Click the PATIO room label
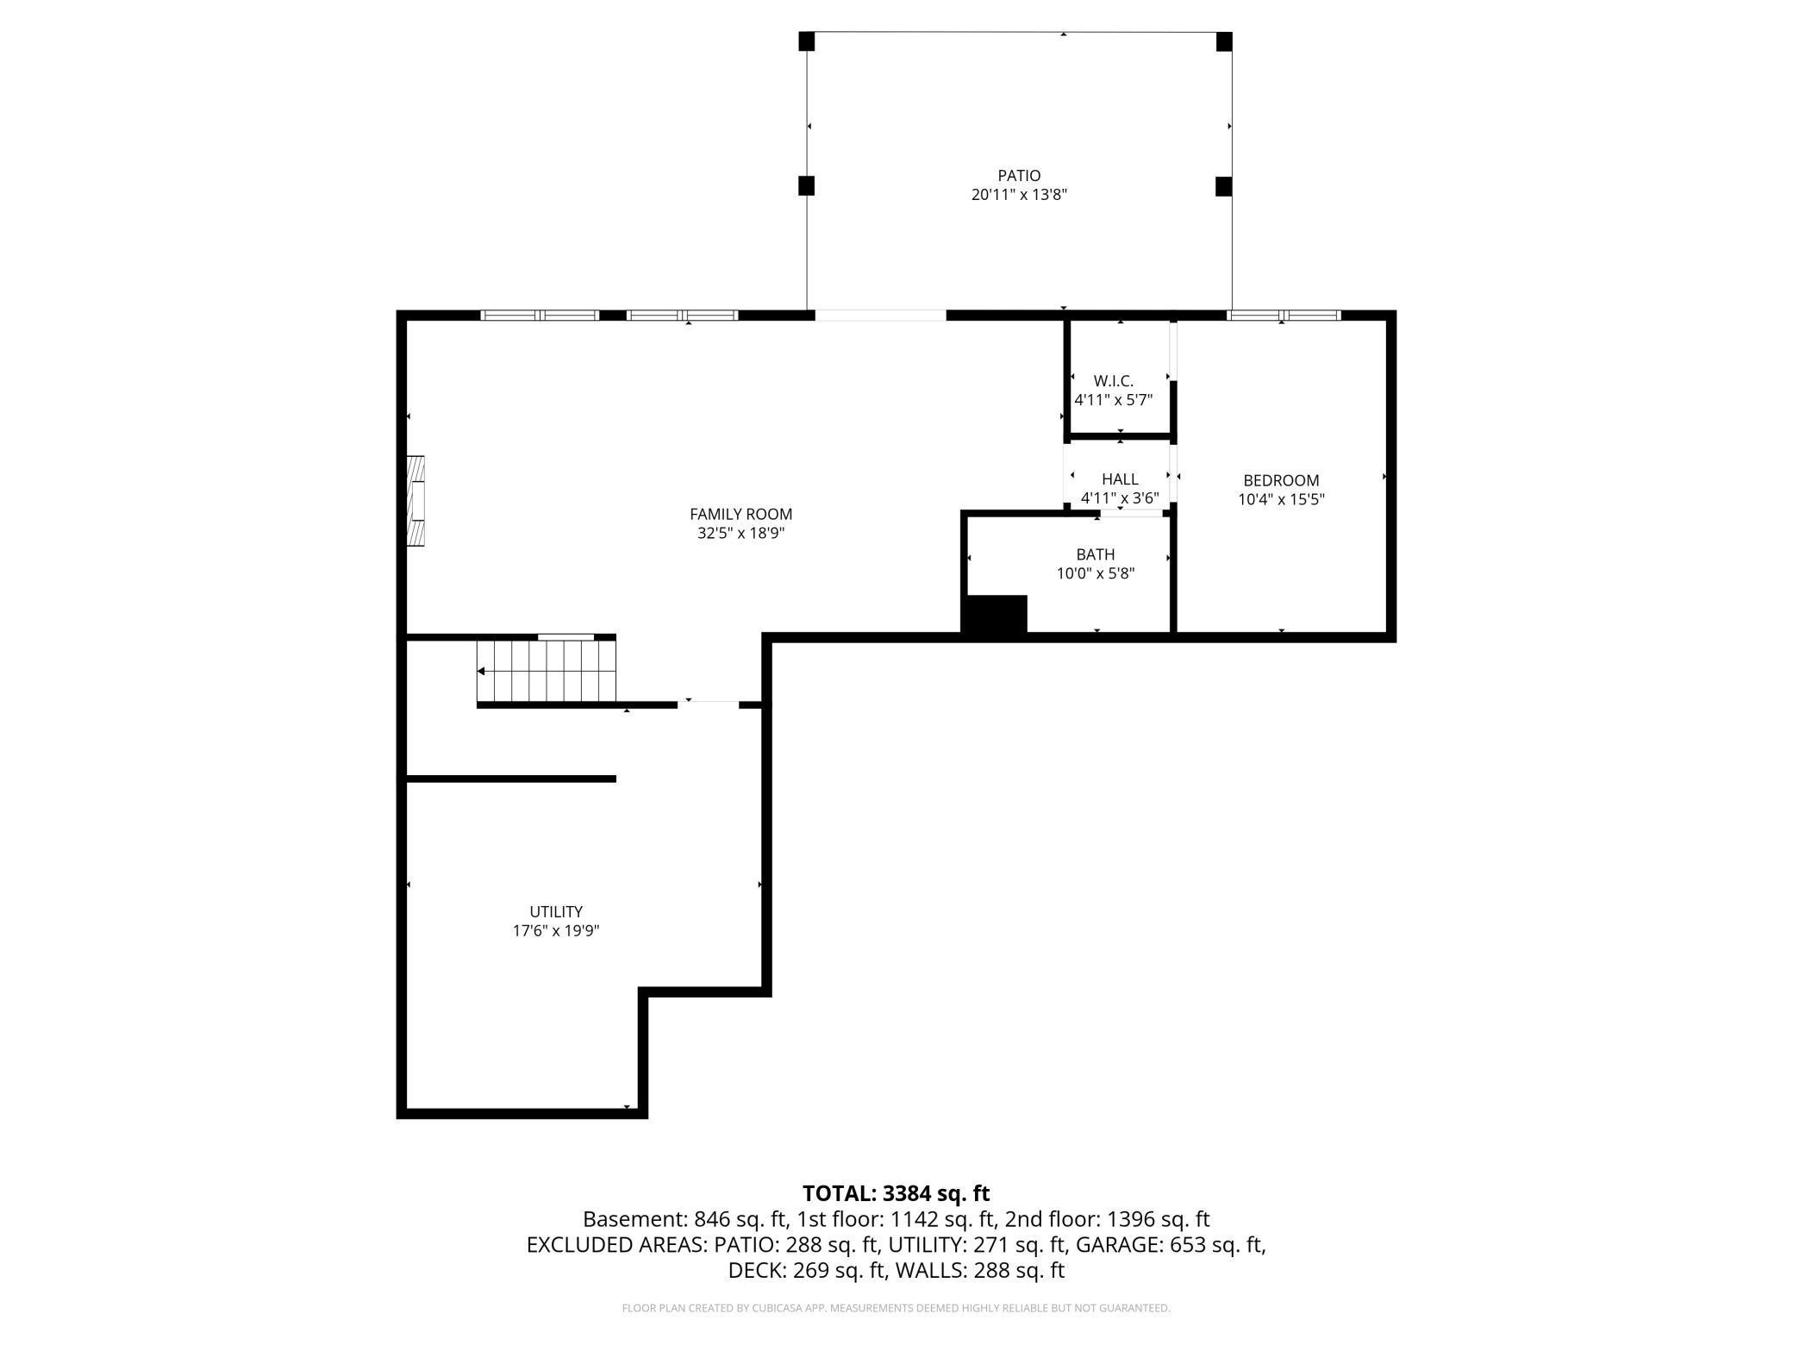coord(1019,176)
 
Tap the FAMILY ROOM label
coord(740,514)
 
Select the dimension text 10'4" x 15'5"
coord(1281,499)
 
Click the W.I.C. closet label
coord(1113,381)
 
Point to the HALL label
coord(1120,479)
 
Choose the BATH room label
coord(1095,554)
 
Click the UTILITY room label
coord(556,911)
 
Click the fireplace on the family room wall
coord(416,502)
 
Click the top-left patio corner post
coord(806,41)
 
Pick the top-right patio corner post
coord(1223,41)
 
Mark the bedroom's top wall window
coord(1284,316)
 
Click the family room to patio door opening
coord(880,316)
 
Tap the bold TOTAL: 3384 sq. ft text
coord(896,1193)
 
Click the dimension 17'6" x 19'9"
coord(556,931)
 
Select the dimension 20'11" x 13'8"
coord(1019,195)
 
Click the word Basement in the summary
coord(634,1219)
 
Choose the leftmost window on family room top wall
coord(539,316)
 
